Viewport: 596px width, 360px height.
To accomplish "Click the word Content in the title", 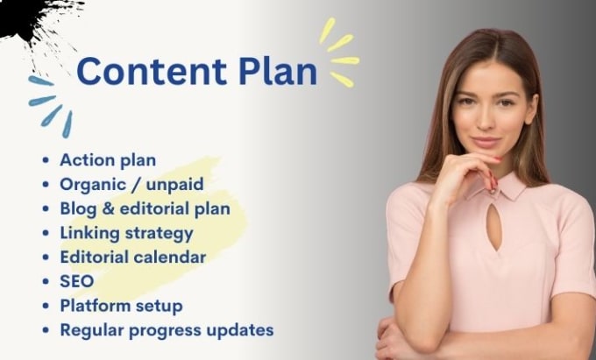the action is (x=152, y=71).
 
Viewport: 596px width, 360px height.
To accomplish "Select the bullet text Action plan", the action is (x=108, y=160).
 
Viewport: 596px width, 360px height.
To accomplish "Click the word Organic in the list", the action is (x=93, y=185).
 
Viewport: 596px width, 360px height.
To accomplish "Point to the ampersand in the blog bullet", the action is (x=109, y=208).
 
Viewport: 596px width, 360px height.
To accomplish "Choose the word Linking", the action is (x=90, y=234).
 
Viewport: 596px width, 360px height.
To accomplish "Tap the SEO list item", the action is (x=77, y=281).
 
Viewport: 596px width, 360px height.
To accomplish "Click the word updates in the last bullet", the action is (x=240, y=330).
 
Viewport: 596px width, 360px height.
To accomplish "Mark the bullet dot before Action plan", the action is (x=46, y=160).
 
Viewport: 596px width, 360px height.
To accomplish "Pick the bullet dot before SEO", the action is (x=46, y=281).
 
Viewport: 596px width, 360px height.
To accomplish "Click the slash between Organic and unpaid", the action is (x=136, y=185).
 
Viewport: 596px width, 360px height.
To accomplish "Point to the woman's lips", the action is (x=486, y=143).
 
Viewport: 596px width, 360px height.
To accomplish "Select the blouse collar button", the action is (x=493, y=191).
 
